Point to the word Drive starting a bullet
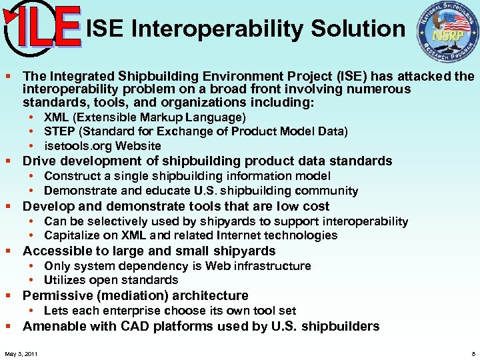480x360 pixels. [39, 161]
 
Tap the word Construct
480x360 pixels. [69, 176]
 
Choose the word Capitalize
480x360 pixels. [70, 235]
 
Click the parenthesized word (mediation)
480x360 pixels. [129, 295]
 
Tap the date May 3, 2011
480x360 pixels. [21, 353]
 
